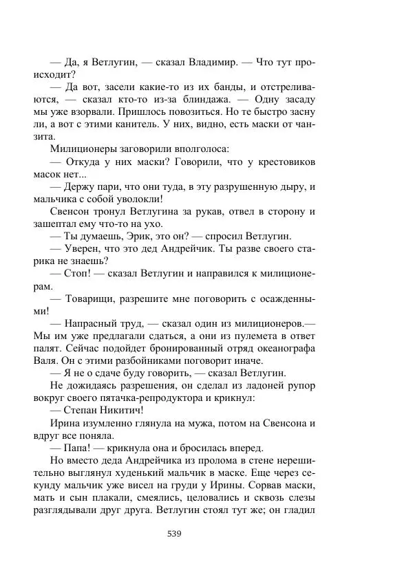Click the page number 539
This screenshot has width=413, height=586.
(x=174, y=533)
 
